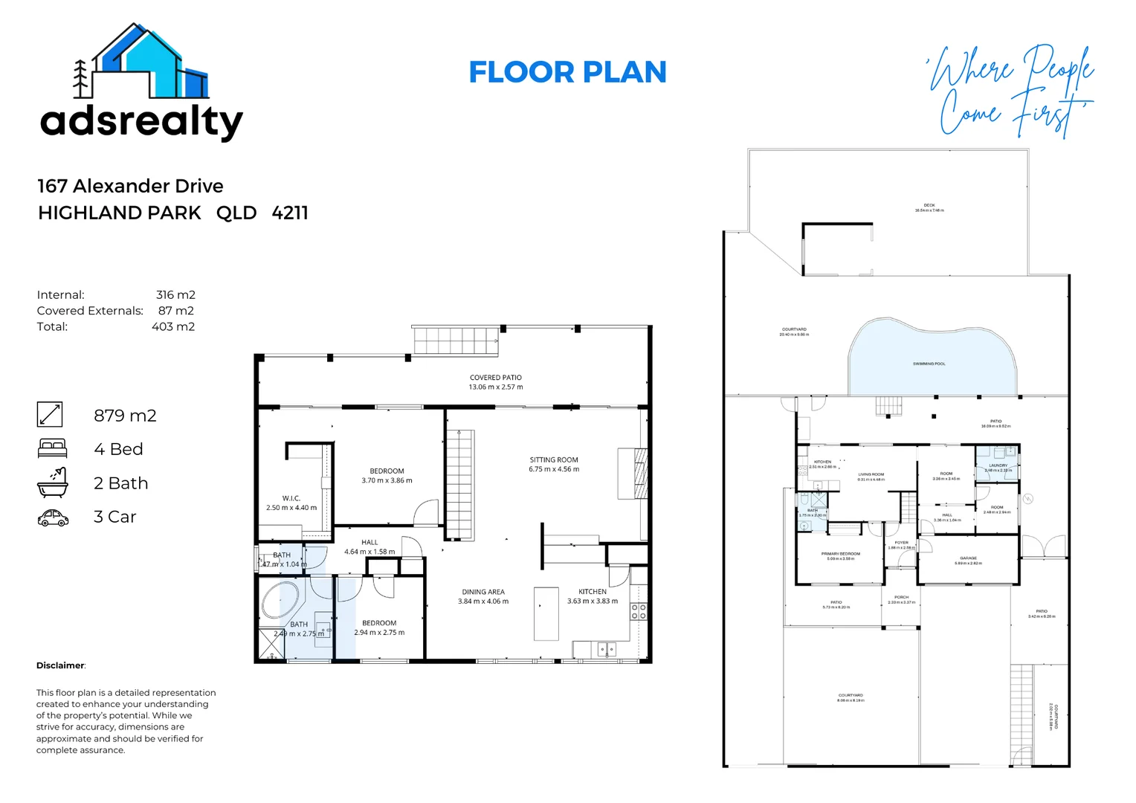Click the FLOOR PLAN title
(567, 72)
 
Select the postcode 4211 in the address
(290, 213)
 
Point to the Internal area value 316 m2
(175, 295)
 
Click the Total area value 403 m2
(173, 326)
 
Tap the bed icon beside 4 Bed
(52, 448)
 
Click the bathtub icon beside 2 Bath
(52, 483)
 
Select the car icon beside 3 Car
(53, 517)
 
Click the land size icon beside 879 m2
(50, 414)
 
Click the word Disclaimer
(60, 665)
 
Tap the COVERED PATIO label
(495, 378)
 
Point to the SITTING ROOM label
(554, 460)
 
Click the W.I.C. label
(291, 498)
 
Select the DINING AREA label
(483, 593)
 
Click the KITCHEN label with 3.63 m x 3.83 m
(593, 592)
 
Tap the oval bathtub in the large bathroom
(280, 602)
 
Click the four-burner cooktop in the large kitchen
(639, 612)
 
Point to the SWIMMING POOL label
(929, 364)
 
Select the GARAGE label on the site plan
(968, 558)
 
